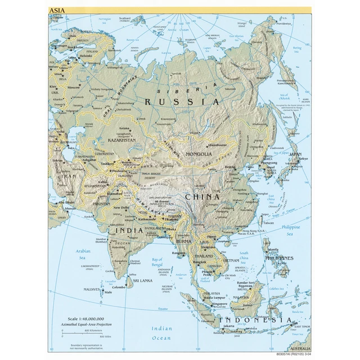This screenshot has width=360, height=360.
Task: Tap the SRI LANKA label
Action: pos(143,280)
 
